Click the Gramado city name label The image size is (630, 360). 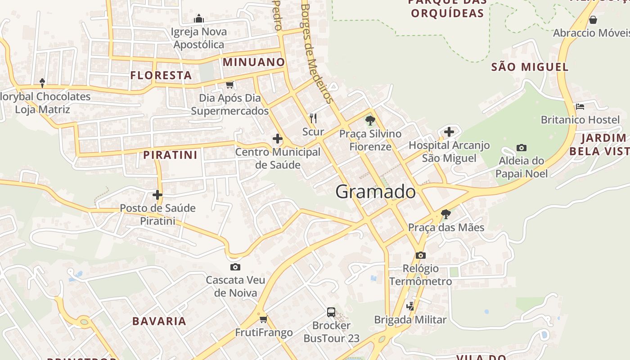point(375,192)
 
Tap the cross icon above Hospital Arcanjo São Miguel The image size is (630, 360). point(449,132)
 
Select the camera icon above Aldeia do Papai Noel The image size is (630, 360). point(522,148)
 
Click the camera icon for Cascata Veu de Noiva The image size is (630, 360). point(235,267)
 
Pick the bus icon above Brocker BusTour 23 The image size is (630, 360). point(331,312)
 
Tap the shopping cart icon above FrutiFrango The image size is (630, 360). point(263,319)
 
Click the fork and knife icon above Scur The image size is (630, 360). point(313,118)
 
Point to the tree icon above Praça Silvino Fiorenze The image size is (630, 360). point(370,120)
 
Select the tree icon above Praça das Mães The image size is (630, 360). point(445,214)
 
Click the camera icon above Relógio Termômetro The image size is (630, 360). point(420,255)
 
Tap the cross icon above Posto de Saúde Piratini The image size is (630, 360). point(157,195)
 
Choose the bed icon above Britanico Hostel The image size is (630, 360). point(580,107)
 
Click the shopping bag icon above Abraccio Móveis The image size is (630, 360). point(593,20)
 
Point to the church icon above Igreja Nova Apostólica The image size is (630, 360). point(198,18)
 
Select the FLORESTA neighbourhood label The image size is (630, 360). point(161,75)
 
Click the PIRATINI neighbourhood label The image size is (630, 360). point(170,155)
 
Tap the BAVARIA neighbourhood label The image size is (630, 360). point(159,321)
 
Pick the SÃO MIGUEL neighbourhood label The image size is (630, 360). point(530,67)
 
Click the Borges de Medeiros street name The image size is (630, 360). point(317,54)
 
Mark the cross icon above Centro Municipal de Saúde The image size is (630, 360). point(278,139)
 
